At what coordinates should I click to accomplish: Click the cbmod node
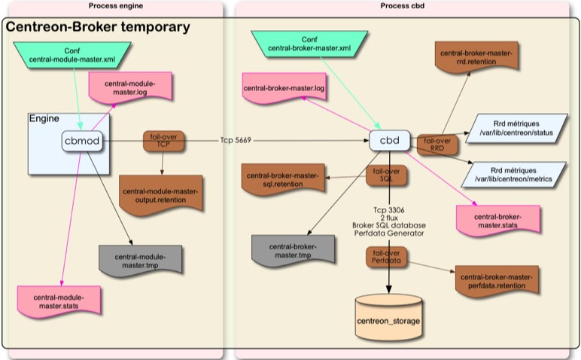(81, 141)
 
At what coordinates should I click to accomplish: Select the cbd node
(389, 140)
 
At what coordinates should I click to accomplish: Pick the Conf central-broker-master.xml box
(309, 44)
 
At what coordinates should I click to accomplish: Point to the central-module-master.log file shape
(130, 87)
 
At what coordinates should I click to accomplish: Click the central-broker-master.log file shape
(284, 89)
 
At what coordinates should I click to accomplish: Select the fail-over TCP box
(163, 141)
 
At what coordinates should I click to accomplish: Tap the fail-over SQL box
(387, 175)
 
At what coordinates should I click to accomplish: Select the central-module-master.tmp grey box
(140, 261)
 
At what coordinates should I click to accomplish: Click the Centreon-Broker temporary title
(98, 28)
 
